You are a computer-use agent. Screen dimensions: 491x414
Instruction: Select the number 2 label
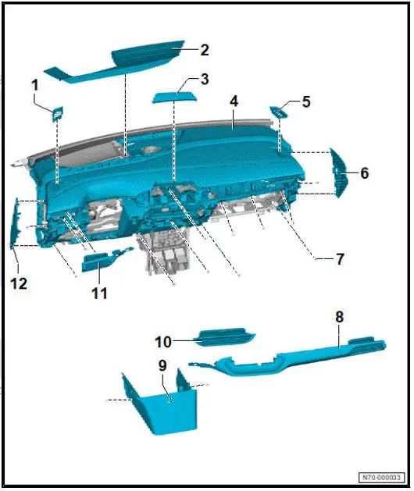click(204, 51)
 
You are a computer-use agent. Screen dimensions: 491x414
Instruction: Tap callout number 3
click(204, 79)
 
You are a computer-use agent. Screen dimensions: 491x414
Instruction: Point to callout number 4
click(233, 102)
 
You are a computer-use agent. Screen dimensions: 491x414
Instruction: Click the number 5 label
click(305, 102)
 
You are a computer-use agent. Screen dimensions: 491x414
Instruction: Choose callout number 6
click(363, 173)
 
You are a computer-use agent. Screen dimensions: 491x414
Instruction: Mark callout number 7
click(339, 258)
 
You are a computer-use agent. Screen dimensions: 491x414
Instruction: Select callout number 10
click(162, 341)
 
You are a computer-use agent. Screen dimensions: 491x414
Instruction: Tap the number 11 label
click(98, 294)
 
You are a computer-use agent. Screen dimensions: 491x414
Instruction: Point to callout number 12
click(19, 283)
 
